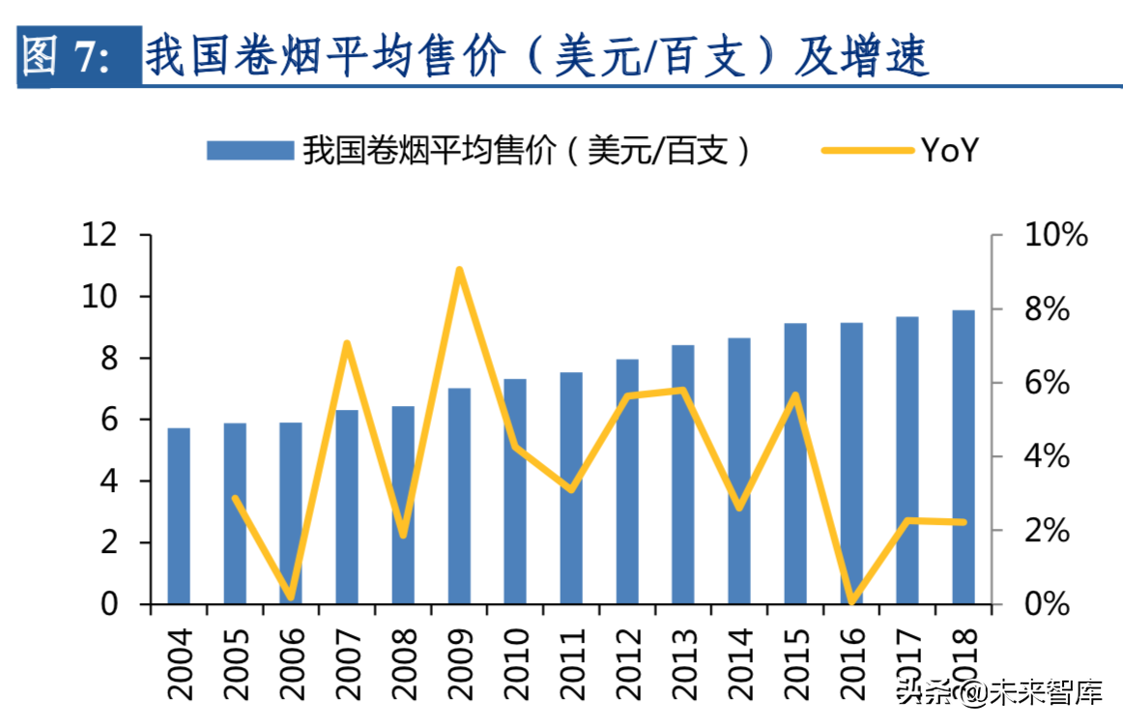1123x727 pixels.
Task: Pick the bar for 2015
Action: click(x=795, y=463)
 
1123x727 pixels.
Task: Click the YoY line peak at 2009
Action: click(x=460, y=270)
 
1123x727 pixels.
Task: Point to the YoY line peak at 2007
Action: click(x=347, y=343)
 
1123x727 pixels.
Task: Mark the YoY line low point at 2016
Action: click(x=851, y=602)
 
